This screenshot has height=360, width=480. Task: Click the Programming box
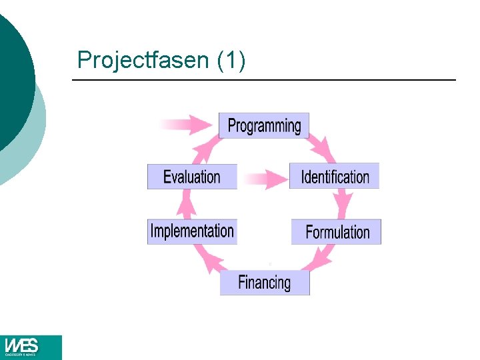point(264,125)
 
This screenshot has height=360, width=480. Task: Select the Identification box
point(334,176)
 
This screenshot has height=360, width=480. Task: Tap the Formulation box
point(336,231)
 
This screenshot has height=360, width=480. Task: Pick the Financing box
point(265,282)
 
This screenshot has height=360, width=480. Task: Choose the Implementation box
point(192,231)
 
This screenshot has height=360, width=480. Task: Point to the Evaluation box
point(192,177)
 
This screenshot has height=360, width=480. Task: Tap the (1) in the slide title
point(231,60)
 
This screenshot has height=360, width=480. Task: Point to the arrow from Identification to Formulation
point(344,203)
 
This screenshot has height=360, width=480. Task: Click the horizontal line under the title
point(263,80)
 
